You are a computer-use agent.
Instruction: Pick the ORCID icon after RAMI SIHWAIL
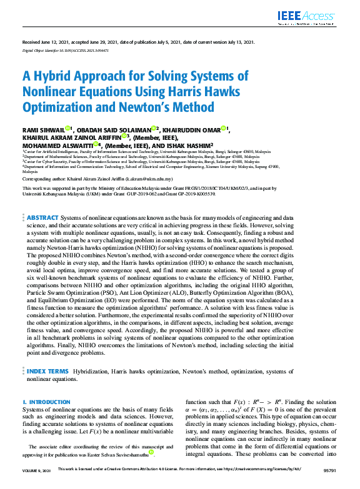[69, 129]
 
